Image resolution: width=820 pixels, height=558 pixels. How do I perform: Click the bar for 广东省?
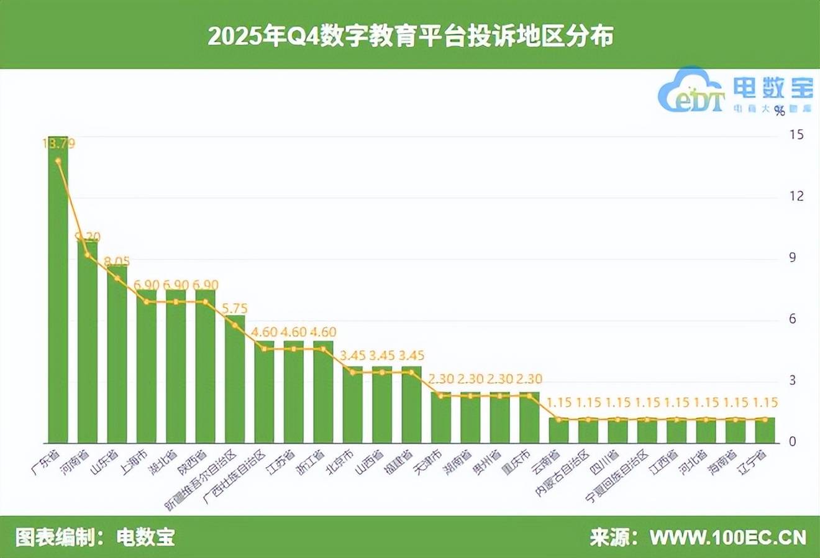[x=58, y=289]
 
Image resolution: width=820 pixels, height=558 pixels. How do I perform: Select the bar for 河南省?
[x=88, y=342]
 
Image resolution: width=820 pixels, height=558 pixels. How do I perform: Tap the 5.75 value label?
[x=235, y=308]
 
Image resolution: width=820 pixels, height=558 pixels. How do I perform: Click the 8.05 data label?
[x=117, y=262]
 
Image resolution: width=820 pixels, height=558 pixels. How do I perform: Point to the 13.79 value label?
[x=58, y=144]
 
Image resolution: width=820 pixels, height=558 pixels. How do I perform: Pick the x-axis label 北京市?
[x=341, y=460]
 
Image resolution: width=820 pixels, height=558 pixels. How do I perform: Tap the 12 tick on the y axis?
[x=796, y=196]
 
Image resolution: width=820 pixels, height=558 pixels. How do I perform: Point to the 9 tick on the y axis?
[x=792, y=258]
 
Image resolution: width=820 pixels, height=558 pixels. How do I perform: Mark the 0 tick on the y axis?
[x=792, y=442]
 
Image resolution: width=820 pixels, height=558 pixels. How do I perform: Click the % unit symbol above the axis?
[x=780, y=111]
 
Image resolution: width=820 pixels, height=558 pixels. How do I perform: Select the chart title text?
[x=410, y=35]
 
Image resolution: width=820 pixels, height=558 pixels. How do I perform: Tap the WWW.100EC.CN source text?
[x=727, y=537]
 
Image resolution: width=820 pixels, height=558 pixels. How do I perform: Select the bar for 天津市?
[x=441, y=417]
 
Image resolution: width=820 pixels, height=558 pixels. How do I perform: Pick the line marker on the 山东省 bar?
[x=117, y=278]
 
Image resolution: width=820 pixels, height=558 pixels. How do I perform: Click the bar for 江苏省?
[x=294, y=391]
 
